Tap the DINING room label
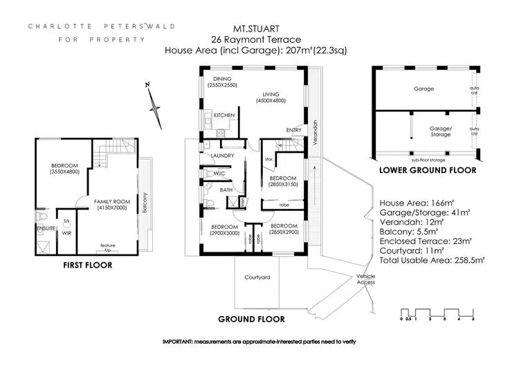tap(222, 79)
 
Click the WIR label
tap(67, 233)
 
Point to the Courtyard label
tap(257, 277)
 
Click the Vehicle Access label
tap(366, 279)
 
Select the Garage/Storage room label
tap(441, 131)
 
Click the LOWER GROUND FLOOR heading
tap(426, 169)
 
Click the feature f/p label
tap(107, 246)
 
